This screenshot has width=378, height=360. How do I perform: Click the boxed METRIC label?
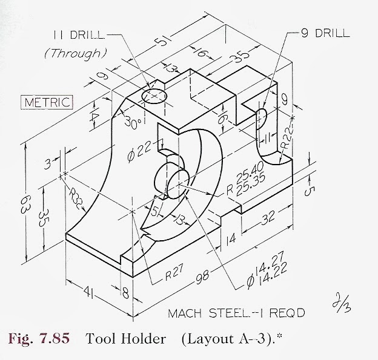point(47,102)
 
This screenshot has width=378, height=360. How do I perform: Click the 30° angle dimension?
point(133,122)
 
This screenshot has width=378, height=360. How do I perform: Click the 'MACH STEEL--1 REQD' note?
point(237,313)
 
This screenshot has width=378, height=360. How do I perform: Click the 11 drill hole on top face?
point(153,96)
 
